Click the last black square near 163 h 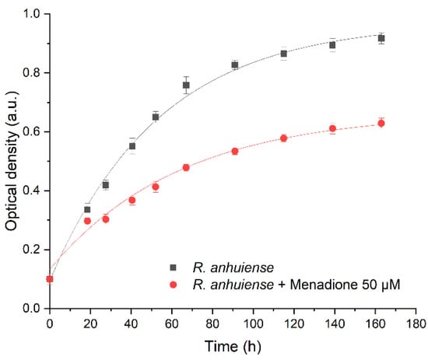click(381, 38)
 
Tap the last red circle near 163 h click(381, 123)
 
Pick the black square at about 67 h click(186, 85)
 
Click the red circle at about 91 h click(234, 151)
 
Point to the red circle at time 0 click(50, 279)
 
